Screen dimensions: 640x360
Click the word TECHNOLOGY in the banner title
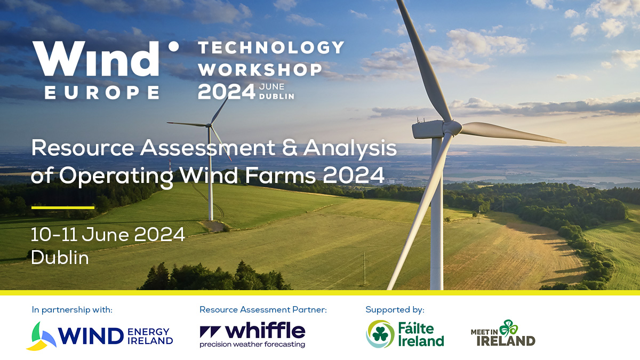tap(271, 47)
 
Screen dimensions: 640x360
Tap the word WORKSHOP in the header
tap(260, 69)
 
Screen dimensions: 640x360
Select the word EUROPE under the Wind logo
tap(102, 93)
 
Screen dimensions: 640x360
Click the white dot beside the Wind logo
tap(173, 46)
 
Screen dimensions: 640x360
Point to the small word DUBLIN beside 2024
tap(277, 97)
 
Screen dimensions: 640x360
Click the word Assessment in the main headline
tap(207, 148)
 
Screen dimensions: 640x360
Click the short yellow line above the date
tap(63, 207)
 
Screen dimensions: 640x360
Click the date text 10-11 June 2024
tap(108, 235)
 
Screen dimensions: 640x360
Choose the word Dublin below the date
tap(60, 258)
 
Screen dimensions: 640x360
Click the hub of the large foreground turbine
tap(452, 127)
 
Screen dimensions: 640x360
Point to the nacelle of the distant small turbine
tap(208, 125)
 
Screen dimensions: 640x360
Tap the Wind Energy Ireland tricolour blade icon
tap(42, 336)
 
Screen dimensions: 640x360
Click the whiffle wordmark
tap(265, 331)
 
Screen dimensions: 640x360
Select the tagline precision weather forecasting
tap(252, 345)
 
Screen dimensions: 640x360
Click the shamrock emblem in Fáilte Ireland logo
tap(380, 334)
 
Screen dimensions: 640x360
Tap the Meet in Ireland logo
tap(503, 333)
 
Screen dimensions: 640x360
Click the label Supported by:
tap(395, 310)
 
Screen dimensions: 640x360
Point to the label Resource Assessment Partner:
tap(263, 310)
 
